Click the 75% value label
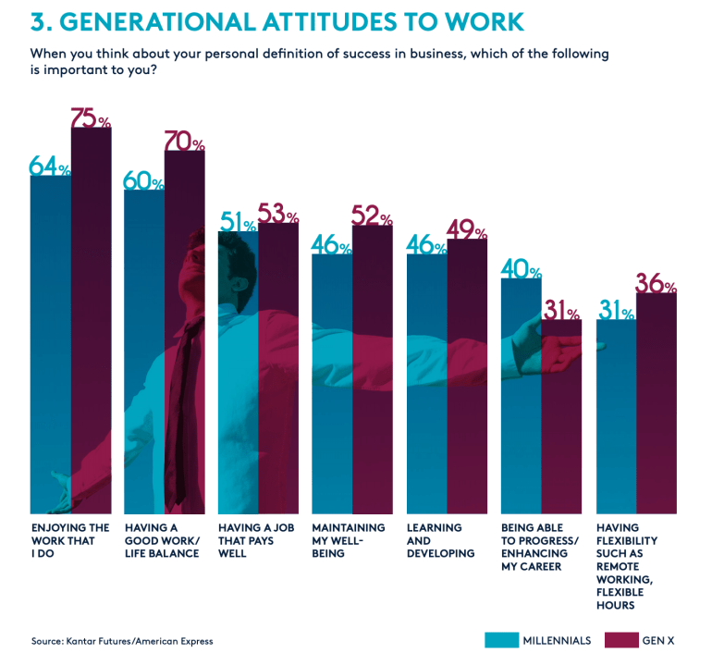[x=91, y=118]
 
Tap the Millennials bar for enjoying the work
[x=51, y=342]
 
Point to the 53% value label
[x=278, y=215]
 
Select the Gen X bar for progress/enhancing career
[x=561, y=416]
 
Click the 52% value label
[x=373, y=216]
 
